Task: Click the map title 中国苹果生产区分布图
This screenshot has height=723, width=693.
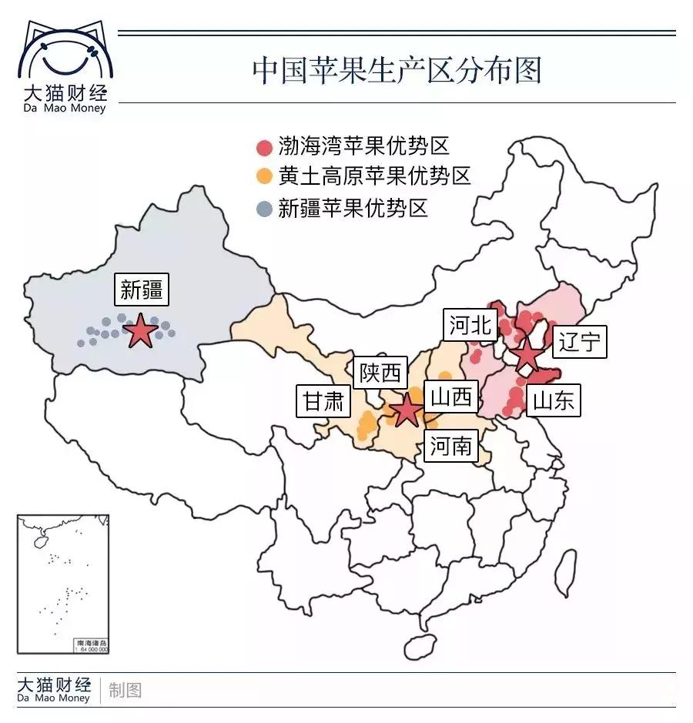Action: pos(397,69)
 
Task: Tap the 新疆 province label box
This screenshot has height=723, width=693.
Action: pos(141,290)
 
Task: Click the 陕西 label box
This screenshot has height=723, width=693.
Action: pos(380,373)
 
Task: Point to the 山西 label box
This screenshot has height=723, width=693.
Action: pos(450,398)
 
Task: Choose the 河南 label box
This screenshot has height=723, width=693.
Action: pos(450,445)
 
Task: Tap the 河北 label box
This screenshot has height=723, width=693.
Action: pos(469,326)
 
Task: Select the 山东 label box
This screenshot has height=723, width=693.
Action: pos(554,400)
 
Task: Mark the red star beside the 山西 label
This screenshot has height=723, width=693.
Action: pos(406,410)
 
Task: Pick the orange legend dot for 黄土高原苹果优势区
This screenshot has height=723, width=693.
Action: pos(264,178)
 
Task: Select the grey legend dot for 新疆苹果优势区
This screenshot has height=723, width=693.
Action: pos(264,208)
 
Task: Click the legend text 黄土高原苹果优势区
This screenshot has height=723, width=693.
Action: pos(374,177)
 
